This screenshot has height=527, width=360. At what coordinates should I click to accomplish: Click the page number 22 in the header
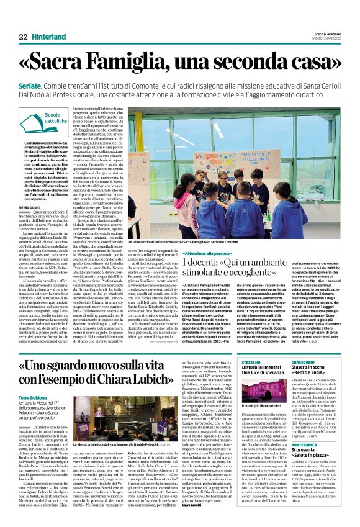tap(23, 37)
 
